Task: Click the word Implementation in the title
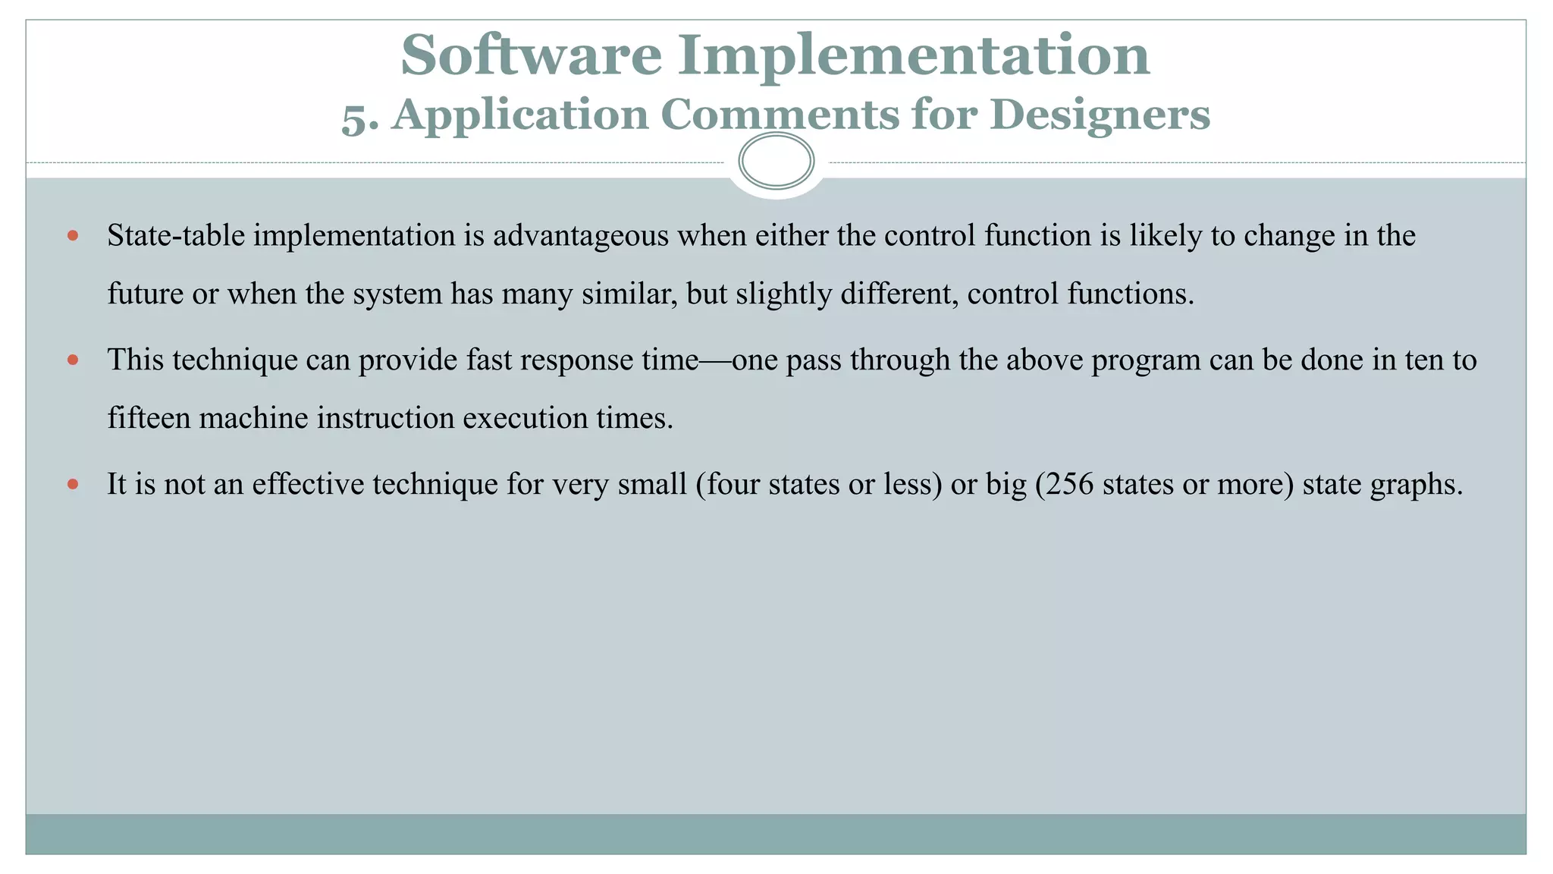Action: [x=913, y=55]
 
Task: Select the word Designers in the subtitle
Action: [x=1100, y=115]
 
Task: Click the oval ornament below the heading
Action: [x=776, y=161]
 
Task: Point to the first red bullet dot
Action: [x=73, y=236]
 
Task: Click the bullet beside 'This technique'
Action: [x=73, y=360]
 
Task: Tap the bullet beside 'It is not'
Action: [x=73, y=484]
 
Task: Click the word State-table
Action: [x=176, y=236]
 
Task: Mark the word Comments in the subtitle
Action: [x=780, y=115]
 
